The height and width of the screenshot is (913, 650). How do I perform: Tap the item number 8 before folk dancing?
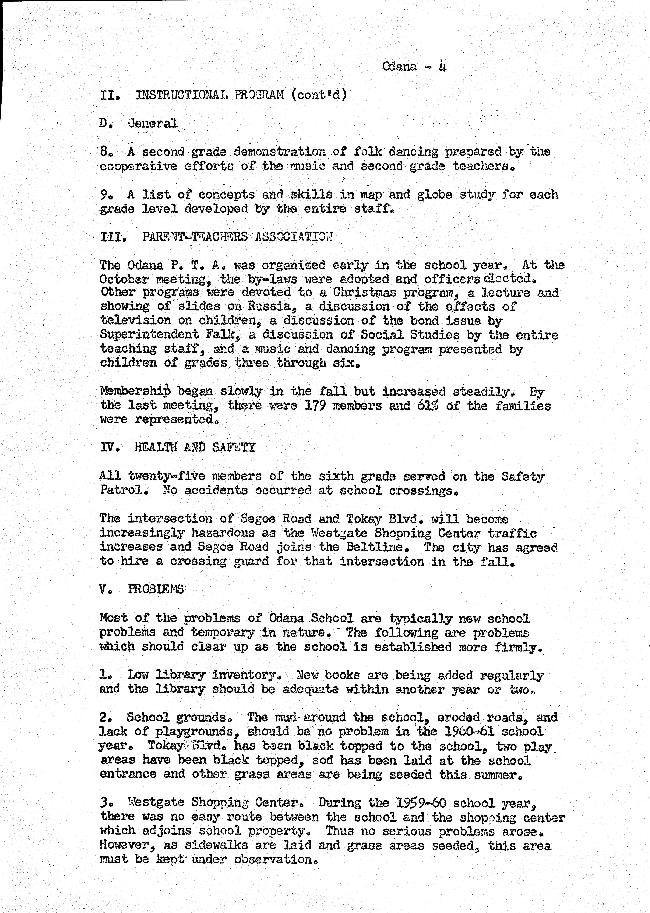pyautogui.click(x=105, y=152)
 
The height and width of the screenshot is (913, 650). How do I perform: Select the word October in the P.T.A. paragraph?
pyautogui.click(x=124, y=279)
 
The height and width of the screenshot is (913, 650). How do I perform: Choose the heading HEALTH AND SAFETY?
pyautogui.click(x=194, y=447)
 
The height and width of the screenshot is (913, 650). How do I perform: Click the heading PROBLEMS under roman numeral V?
pyautogui.click(x=156, y=589)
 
